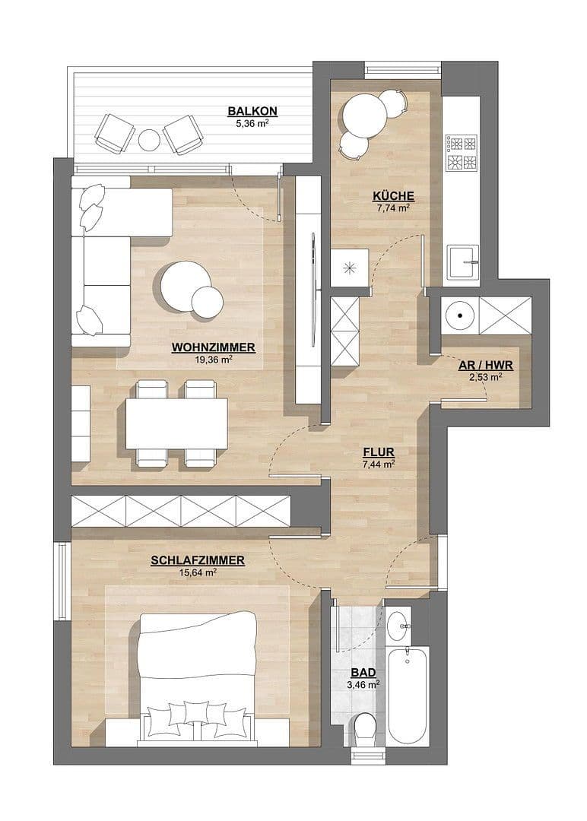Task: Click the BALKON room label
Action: point(252,111)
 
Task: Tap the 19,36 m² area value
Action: point(214,360)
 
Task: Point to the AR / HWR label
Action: point(486,365)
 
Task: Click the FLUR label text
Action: point(378,451)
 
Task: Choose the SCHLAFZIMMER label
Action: point(197,561)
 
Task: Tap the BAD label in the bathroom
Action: point(361,673)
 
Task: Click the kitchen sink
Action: point(462,264)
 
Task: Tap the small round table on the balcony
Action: point(150,140)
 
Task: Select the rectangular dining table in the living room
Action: point(176,423)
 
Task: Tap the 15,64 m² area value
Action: point(197,573)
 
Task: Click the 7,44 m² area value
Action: point(378,463)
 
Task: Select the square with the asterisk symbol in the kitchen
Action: point(350,267)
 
